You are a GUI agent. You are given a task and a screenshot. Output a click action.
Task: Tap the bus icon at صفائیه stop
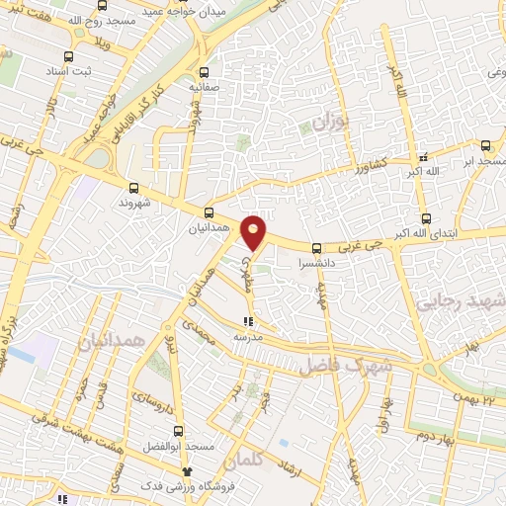click(x=205, y=72)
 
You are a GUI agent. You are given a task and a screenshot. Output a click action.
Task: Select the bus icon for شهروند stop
click(x=133, y=187)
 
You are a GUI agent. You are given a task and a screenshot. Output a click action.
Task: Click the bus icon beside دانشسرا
click(x=316, y=249)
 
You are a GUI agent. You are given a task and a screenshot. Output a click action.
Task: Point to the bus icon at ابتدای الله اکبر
click(x=426, y=218)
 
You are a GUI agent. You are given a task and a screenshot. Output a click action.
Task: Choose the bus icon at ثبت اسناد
click(x=68, y=57)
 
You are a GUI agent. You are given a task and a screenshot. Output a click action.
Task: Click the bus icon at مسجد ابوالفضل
click(x=178, y=431)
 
